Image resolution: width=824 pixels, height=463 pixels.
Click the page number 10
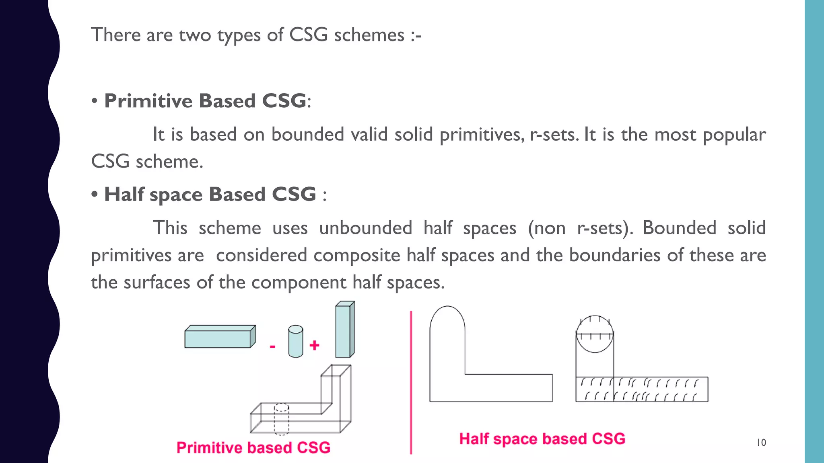(x=761, y=443)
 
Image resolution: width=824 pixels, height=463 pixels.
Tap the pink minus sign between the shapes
(x=272, y=346)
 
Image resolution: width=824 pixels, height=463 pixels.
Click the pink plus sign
(x=314, y=345)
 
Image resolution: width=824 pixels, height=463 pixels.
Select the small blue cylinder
(x=295, y=342)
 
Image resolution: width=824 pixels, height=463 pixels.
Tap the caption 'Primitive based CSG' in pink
(x=253, y=448)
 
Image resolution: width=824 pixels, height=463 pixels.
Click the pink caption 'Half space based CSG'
(x=542, y=439)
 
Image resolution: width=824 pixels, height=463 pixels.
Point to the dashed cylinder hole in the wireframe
(x=281, y=420)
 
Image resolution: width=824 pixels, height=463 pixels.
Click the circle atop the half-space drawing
(x=595, y=334)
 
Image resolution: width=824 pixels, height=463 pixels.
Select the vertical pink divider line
(x=411, y=382)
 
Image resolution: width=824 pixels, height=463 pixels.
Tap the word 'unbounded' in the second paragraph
(x=365, y=228)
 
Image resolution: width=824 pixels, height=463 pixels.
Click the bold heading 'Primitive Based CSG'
(x=205, y=101)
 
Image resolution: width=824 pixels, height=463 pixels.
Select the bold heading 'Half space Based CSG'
(x=210, y=195)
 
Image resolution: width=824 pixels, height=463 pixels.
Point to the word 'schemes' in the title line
(x=369, y=35)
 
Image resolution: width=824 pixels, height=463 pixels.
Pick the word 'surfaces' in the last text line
(x=157, y=283)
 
